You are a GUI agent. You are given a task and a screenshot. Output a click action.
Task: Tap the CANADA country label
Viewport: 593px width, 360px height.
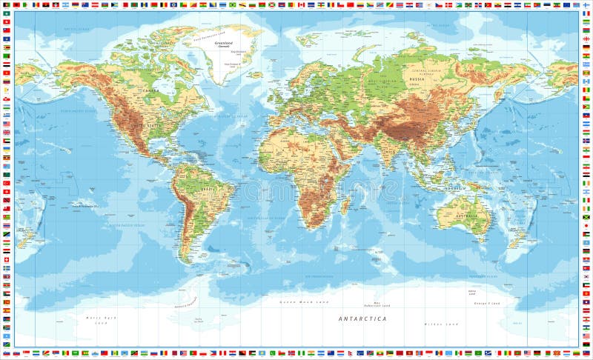151,91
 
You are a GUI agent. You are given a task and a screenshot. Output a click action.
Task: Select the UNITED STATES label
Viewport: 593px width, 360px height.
145,125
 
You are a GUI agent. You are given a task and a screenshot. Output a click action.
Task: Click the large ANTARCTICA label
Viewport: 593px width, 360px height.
362,319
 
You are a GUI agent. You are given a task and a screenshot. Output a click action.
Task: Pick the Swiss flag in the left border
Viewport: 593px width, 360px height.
7,259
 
